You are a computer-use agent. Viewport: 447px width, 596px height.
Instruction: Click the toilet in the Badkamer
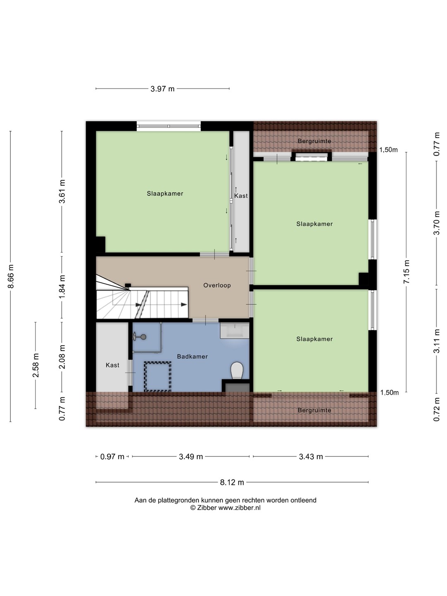[x=237, y=370]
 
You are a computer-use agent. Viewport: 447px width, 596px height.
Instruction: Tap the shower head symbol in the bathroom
[x=139, y=337]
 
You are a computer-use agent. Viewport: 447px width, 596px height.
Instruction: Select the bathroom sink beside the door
[x=235, y=330]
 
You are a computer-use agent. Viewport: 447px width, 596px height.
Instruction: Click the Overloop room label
[x=217, y=285]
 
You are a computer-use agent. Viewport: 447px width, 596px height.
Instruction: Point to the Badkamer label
[x=192, y=356]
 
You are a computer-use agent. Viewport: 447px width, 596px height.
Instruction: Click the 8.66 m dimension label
[x=11, y=276]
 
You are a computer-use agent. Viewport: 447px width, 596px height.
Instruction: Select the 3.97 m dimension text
[x=163, y=89]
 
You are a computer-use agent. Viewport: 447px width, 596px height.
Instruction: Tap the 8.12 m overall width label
[x=232, y=482]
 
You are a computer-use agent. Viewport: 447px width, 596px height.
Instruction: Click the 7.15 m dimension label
[x=406, y=272]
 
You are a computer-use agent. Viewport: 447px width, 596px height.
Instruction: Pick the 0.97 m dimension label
[x=112, y=457]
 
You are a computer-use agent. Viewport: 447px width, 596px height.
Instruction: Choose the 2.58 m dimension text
[x=36, y=365]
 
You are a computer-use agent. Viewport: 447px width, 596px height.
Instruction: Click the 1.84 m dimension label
[x=62, y=286]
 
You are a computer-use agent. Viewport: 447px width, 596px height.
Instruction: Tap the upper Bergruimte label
[x=315, y=141]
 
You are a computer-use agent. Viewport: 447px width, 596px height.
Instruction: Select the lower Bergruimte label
[x=315, y=410]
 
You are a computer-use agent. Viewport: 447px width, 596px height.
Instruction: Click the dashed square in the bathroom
[x=157, y=376]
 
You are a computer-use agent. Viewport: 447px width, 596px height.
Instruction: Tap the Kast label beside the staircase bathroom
[x=113, y=365]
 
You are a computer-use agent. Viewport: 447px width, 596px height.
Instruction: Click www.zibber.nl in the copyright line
[x=239, y=507]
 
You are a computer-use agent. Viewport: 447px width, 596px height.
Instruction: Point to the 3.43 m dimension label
[x=311, y=457]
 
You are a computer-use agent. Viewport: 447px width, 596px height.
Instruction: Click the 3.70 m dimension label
[x=437, y=223]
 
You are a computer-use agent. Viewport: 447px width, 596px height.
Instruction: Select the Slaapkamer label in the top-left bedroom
[x=165, y=193]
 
